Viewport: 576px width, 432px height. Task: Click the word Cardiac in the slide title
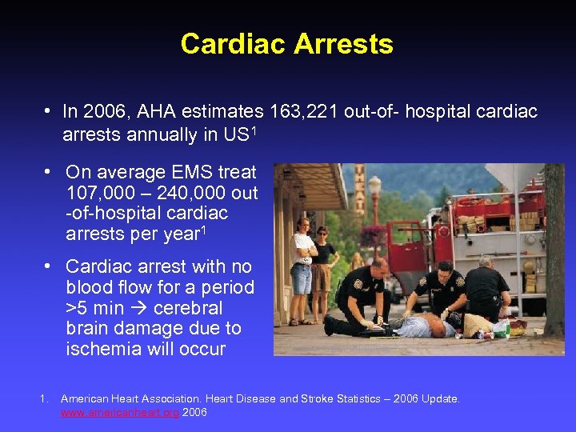click(x=233, y=44)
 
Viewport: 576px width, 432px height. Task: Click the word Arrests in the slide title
click(x=343, y=44)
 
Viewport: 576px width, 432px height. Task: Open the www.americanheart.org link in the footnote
click(x=121, y=412)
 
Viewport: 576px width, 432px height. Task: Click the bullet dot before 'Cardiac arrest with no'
click(x=50, y=266)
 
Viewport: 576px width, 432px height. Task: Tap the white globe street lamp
click(x=374, y=185)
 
